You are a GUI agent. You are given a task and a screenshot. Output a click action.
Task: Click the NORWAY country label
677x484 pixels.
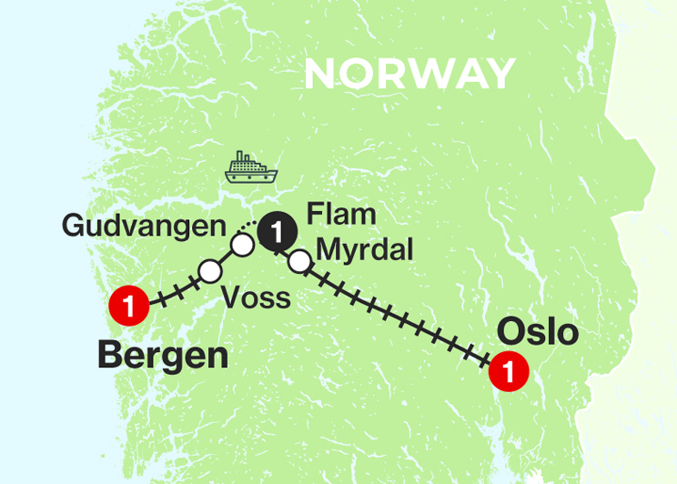point(409,74)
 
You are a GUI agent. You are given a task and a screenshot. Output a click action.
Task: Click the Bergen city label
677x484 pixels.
point(163,355)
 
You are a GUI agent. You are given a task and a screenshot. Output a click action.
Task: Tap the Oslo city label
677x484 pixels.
point(538,332)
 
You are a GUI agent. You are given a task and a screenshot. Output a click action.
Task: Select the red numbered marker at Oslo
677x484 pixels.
point(508,371)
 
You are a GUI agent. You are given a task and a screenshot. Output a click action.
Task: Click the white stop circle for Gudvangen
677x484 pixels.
point(241,246)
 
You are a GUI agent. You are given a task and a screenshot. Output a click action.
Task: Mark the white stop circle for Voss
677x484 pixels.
point(210,270)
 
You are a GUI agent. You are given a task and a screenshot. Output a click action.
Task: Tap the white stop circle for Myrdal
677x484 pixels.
point(298,263)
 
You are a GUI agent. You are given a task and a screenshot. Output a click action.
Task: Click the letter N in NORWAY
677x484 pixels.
point(318,74)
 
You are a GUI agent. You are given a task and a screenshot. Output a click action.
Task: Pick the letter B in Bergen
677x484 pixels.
point(110,355)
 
